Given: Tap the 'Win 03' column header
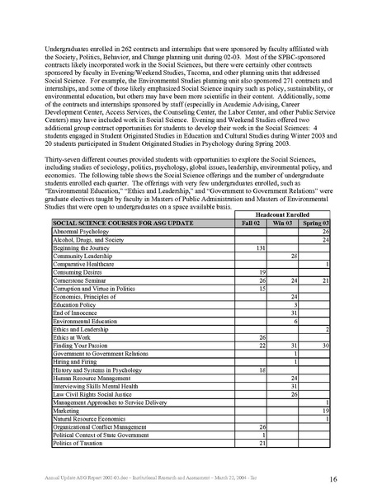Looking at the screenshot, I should pos(283,223).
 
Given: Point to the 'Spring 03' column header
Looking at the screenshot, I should pos(315,223).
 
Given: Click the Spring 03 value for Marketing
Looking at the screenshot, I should pos(326,410).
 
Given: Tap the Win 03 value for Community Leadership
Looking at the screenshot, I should pos(293,256).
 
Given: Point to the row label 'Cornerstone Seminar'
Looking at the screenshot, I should pos(80,280).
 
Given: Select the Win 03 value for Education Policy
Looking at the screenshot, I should pos(295,305).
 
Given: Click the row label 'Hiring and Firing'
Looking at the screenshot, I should pos(75,361).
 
